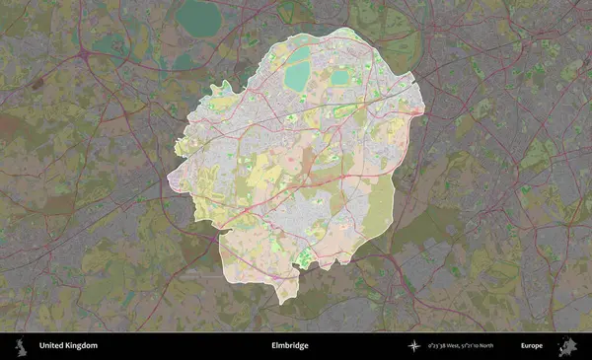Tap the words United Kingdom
[69, 346]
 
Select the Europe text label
[533, 346]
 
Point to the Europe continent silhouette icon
[568, 346]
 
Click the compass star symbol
[416, 346]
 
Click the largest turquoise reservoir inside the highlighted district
[297, 76]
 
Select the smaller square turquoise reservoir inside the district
[339, 76]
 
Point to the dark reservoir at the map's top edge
[201, 15]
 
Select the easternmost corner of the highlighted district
[423, 111]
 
